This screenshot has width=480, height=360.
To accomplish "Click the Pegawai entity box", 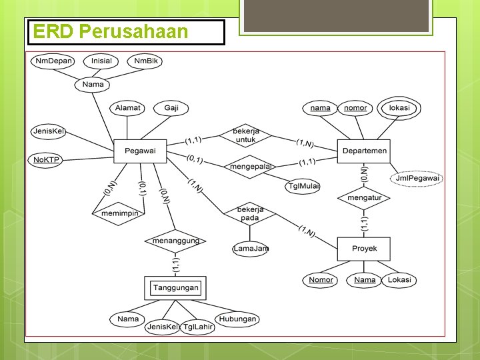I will point(140,151).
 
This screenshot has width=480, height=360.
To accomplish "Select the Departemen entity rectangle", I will point(363,151).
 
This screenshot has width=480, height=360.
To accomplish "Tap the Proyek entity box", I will point(364,249).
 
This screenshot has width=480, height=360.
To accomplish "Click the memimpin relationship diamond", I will point(119,213).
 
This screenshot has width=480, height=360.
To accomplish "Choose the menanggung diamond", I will point(175,241).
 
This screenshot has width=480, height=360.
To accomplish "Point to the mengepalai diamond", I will point(251,166).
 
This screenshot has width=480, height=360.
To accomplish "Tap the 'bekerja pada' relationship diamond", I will point(249,213).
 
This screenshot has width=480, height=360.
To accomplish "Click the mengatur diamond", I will point(364,197).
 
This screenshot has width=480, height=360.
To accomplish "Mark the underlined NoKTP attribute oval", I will point(47,160).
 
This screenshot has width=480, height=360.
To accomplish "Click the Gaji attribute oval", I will point(171,108).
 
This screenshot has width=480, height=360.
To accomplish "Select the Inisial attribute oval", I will point(101,61).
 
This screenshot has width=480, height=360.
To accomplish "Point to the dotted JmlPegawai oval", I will point(417,178).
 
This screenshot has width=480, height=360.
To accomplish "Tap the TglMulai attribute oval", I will point(303,187).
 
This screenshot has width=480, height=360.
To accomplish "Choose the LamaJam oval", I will point(251,249).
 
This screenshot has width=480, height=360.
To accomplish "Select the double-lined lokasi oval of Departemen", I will point(399,108).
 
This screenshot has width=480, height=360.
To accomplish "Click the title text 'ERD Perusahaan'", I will point(111,31).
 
